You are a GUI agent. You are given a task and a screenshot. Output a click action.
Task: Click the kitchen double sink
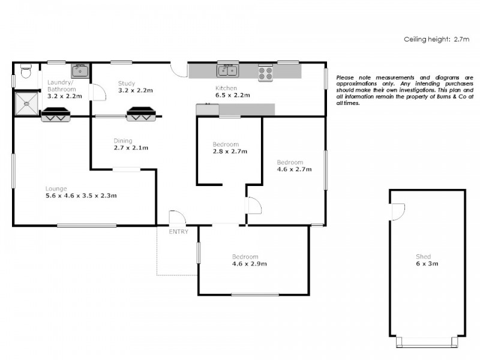[x=228, y=71]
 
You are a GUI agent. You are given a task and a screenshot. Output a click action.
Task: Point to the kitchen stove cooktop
[x=266, y=73]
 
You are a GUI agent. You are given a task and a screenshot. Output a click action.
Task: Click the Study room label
[x=127, y=83]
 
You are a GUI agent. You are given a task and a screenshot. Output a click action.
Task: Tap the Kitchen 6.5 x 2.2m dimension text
[x=233, y=95]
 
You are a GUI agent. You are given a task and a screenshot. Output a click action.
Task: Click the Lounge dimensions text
[x=81, y=195]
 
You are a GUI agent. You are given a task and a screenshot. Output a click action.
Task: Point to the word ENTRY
[x=178, y=232]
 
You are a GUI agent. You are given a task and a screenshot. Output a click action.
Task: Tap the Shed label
[x=423, y=257]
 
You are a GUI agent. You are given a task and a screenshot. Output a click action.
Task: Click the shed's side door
[x=397, y=211]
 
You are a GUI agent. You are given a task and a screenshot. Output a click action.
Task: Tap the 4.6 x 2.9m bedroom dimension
[x=250, y=263]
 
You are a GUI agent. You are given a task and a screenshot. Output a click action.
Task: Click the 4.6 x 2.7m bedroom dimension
[x=294, y=170]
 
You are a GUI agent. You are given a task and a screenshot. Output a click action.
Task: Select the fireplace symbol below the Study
[x=143, y=113]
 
